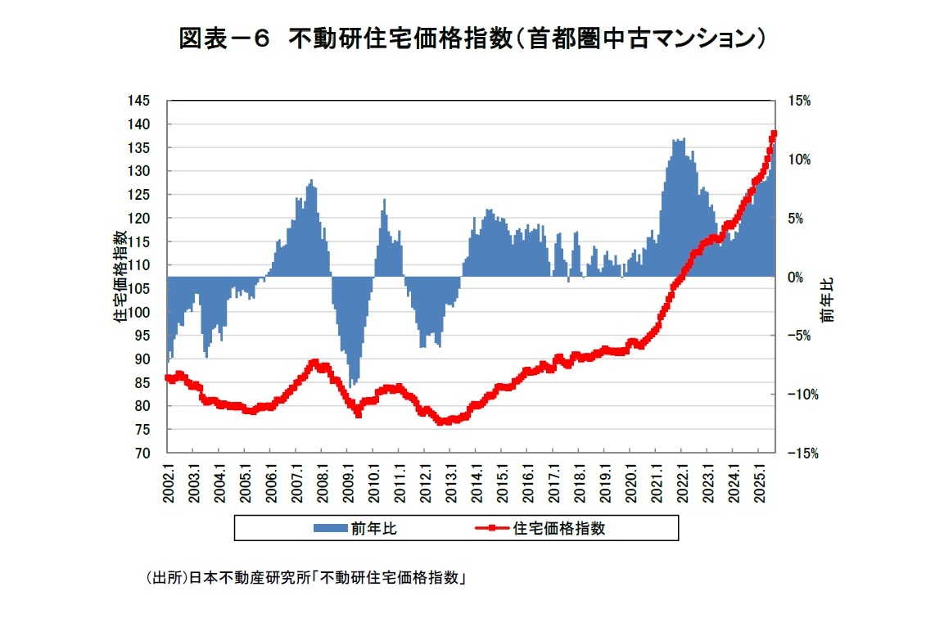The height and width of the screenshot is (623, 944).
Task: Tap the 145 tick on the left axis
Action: pyautogui.click(x=140, y=101)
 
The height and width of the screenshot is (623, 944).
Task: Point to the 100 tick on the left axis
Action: pyautogui.click(x=140, y=312)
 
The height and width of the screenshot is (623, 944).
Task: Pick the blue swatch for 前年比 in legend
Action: pyautogui.click(x=331, y=529)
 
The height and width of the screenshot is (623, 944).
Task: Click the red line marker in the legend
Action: pyautogui.click(x=491, y=529)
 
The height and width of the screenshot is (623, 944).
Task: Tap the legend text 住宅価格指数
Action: pyautogui.click(x=559, y=529)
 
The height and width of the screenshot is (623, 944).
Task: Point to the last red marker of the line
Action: pyautogui.click(x=774, y=133)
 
